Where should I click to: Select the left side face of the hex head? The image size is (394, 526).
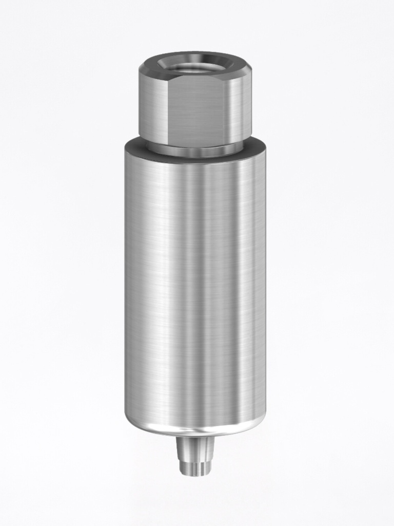coord(152,108)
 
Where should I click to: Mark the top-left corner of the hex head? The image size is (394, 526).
coord(140,70)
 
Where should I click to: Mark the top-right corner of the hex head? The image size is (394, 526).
coord(250,69)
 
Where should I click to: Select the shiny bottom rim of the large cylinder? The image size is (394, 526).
coord(195,430)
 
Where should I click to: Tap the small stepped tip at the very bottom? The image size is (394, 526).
coord(195,468)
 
